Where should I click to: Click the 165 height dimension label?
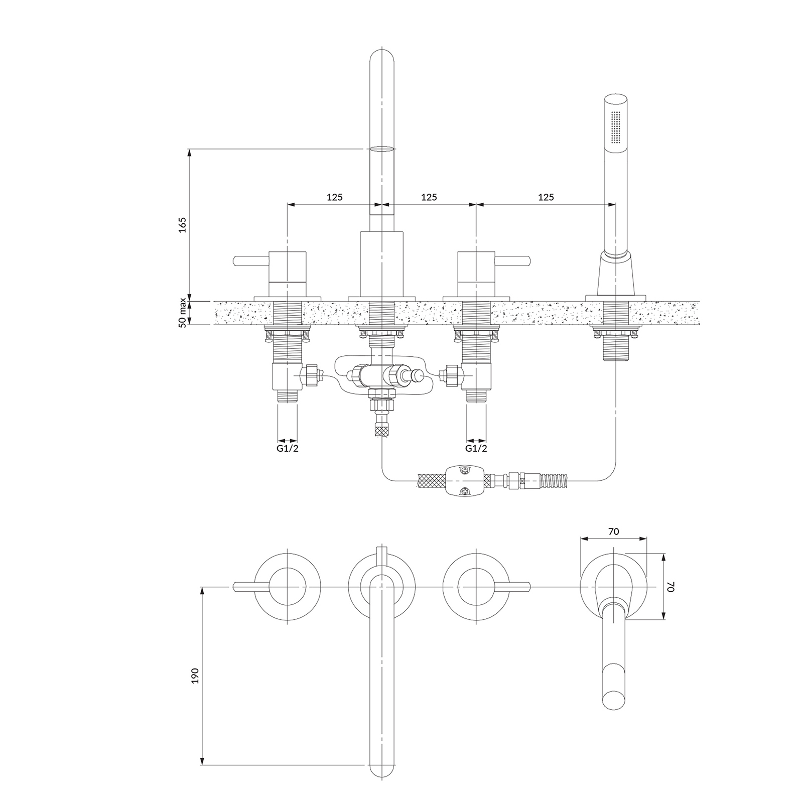[x=183, y=224]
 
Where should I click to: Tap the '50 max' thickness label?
[x=183, y=313]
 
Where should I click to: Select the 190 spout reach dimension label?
[x=195, y=675]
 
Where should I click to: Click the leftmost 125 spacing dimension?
[x=335, y=197]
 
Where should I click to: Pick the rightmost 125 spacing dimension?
[x=546, y=197]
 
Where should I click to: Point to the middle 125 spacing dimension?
[x=429, y=197]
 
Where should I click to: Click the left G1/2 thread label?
[x=288, y=448]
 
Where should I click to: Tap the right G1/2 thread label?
[x=476, y=448]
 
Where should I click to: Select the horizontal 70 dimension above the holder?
[x=613, y=531]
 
